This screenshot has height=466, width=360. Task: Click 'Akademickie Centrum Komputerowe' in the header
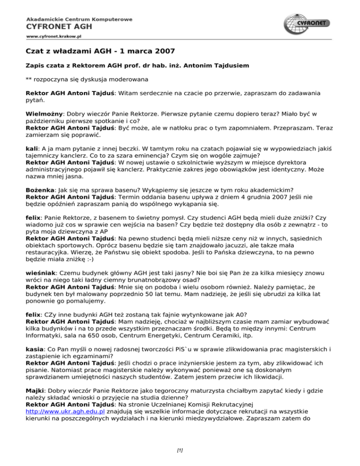point(79,19)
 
